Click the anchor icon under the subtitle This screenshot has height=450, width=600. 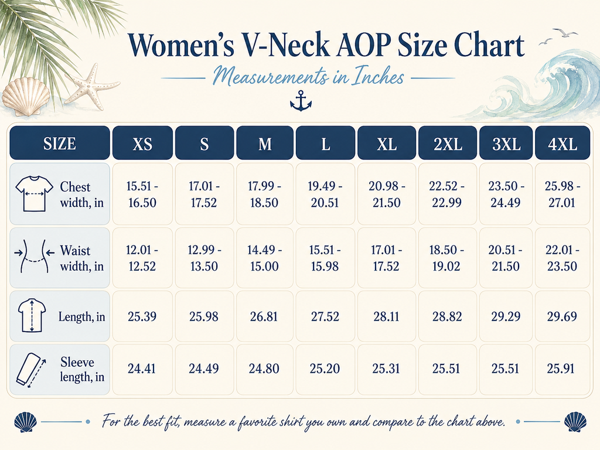click(x=301, y=101)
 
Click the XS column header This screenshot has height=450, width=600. click(x=142, y=143)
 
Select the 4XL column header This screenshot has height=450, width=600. click(x=562, y=143)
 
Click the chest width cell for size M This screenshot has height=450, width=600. click(x=264, y=194)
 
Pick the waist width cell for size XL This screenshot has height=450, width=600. click(x=387, y=258)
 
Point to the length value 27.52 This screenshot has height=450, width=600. click(x=325, y=316)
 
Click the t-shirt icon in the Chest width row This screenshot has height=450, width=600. click(x=34, y=193)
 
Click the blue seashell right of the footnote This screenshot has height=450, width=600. click(x=575, y=422)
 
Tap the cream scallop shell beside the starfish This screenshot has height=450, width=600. click(x=26, y=96)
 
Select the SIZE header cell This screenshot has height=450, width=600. click(x=60, y=143)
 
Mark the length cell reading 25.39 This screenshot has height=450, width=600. click(x=142, y=316)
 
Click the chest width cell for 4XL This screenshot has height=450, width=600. click(x=562, y=194)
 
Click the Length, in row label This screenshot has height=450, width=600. click(x=81, y=316)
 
